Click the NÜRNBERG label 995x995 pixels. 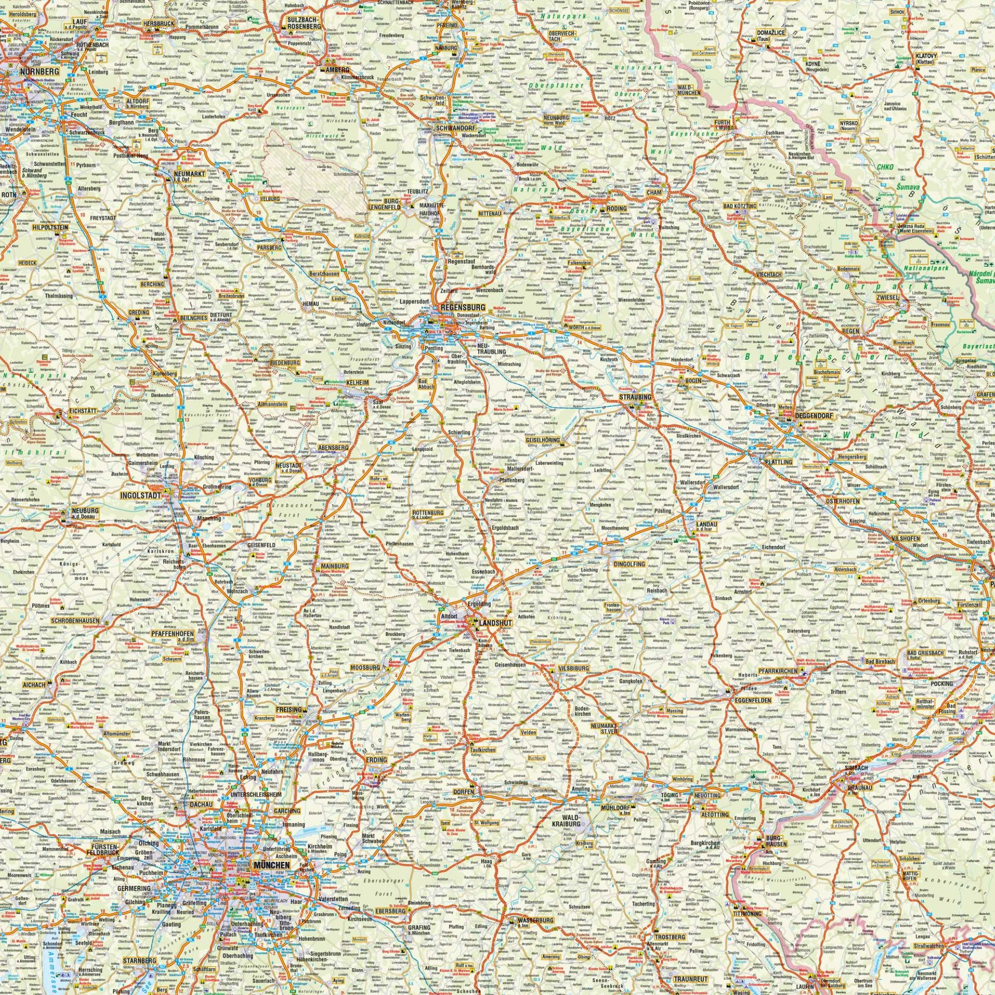click(x=37, y=72)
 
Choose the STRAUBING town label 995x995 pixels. click(x=635, y=397)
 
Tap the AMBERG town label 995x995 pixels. click(x=337, y=69)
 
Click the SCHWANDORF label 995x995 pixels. click(x=456, y=127)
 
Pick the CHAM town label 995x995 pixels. click(x=655, y=192)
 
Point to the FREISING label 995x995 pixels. click(x=289, y=709)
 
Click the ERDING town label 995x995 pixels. click(x=377, y=760)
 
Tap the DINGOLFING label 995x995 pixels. click(x=629, y=564)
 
